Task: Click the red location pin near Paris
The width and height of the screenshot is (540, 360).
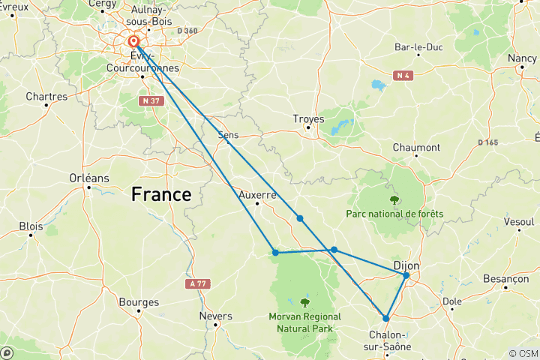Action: point(133,42)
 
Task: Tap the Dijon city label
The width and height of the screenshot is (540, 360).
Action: point(406,265)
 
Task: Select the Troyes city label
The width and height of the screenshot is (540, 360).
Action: point(308,118)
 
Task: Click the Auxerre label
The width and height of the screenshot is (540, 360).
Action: point(257,194)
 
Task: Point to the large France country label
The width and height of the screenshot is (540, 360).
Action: point(161,194)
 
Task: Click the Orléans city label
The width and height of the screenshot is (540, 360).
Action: point(88,178)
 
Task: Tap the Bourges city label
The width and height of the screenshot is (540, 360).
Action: point(139,302)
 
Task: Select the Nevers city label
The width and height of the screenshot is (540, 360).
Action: point(215,316)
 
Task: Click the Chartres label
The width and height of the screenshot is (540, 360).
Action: point(46,96)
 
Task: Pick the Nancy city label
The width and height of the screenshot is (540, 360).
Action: point(521,58)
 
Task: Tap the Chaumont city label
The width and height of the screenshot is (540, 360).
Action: point(415,148)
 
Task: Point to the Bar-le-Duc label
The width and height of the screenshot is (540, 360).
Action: point(418,47)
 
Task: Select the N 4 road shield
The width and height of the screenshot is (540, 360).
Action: point(403,75)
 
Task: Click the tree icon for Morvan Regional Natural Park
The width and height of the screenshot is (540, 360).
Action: point(305,303)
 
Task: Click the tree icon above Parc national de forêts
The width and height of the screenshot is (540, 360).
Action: point(394,199)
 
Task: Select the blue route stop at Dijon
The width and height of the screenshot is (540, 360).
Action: point(406,275)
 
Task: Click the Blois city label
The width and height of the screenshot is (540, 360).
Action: point(31,225)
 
